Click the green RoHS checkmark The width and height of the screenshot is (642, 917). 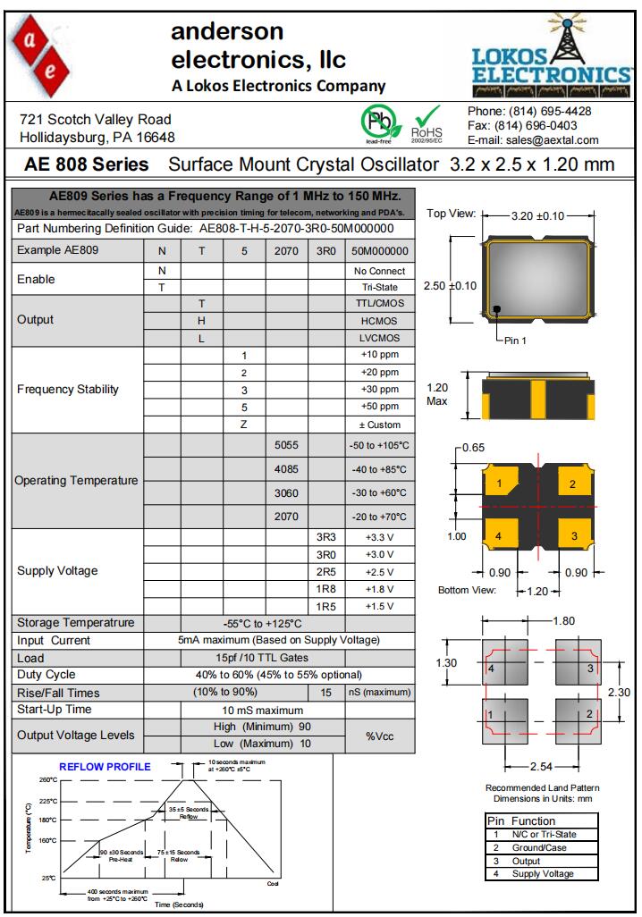pos(427,119)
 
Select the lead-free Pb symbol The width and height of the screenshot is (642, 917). pos(377,122)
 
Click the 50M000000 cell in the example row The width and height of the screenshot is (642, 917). pos(379,251)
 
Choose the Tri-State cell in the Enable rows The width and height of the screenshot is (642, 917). pos(379,287)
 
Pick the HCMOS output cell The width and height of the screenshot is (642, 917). pos(381,320)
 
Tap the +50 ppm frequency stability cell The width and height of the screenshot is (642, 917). pos(379,407)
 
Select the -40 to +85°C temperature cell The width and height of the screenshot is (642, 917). pos(379,469)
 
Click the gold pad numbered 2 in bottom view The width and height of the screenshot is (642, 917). pos(572,484)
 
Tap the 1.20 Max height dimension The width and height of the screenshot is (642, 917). pos(437,394)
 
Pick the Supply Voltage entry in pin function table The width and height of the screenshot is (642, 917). pos(543,873)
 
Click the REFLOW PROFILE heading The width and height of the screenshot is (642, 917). pos(105,766)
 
